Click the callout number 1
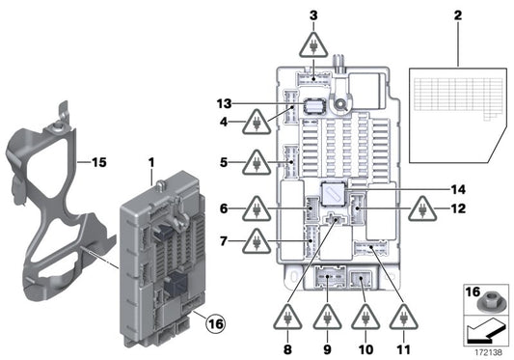pyautogui.click(x=150, y=158)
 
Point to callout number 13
pyautogui.click(x=225, y=103)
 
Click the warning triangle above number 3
pyautogui.click(x=313, y=44)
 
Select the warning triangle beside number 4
pyautogui.click(x=258, y=123)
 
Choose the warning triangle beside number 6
pyautogui.click(x=258, y=208)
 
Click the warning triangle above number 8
pyautogui.click(x=290, y=316)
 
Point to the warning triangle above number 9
pyautogui.click(x=328, y=316)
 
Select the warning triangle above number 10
pyautogui.click(x=365, y=316)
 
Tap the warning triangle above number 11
pyautogui.click(x=403, y=316)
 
